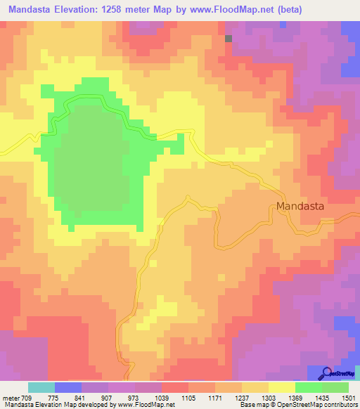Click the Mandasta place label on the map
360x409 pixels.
(301, 207)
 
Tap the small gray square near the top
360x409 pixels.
(229, 39)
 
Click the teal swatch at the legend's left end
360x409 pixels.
(41, 387)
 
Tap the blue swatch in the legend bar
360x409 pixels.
(68, 387)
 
